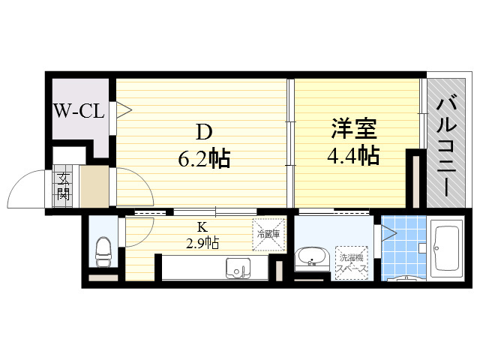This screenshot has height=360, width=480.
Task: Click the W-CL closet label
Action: tap(79, 111)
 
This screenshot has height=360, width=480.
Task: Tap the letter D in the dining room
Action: tap(204, 133)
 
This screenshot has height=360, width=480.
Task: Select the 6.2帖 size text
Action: tap(204, 159)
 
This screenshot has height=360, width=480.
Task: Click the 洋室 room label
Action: tap(354, 128)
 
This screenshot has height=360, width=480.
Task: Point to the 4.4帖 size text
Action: tap(353, 155)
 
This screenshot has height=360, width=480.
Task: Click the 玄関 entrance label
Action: tap(63, 186)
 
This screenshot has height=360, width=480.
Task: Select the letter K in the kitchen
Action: tap(202, 227)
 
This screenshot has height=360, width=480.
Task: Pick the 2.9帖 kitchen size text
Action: tap(202, 243)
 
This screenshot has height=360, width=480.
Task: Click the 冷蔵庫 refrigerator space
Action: tap(268, 235)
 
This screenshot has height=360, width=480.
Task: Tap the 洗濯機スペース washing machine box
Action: tap(352, 263)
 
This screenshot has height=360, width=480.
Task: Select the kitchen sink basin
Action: tap(238, 268)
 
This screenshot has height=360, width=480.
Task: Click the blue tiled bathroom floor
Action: tap(403, 247)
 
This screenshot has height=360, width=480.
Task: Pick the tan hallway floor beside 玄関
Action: tap(94, 187)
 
